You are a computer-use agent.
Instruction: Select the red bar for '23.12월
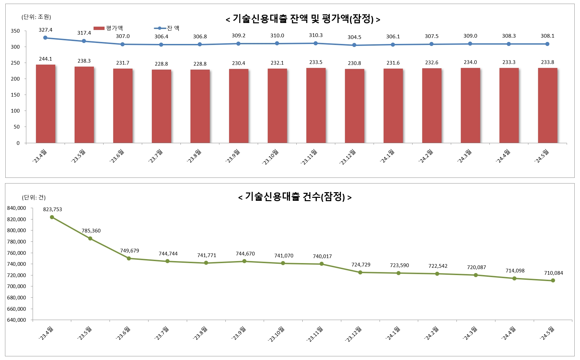(x=355, y=106)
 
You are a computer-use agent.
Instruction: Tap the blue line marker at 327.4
(x=45, y=38)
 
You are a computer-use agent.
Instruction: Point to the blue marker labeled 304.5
(x=354, y=45)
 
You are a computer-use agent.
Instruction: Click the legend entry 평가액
(x=109, y=28)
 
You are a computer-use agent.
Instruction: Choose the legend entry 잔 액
(x=167, y=28)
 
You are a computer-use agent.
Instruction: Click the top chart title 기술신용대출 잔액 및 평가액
(x=303, y=19)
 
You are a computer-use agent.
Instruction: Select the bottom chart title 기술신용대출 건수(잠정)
(x=295, y=197)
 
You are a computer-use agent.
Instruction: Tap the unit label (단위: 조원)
(x=36, y=17)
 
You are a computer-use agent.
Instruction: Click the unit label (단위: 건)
(x=34, y=197)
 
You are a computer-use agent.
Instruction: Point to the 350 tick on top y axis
(x=15, y=31)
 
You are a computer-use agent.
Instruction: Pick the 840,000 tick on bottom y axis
(x=16, y=208)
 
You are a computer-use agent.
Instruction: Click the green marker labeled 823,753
(x=52, y=217)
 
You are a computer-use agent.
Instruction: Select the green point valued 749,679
(x=129, y=258)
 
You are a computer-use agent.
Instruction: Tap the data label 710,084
(x=553, y=273)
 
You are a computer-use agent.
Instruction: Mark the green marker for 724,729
(x=360, y=272)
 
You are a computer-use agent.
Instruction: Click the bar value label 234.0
(x=470, y=62)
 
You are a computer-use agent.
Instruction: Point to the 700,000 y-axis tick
(x=16, y=286)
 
